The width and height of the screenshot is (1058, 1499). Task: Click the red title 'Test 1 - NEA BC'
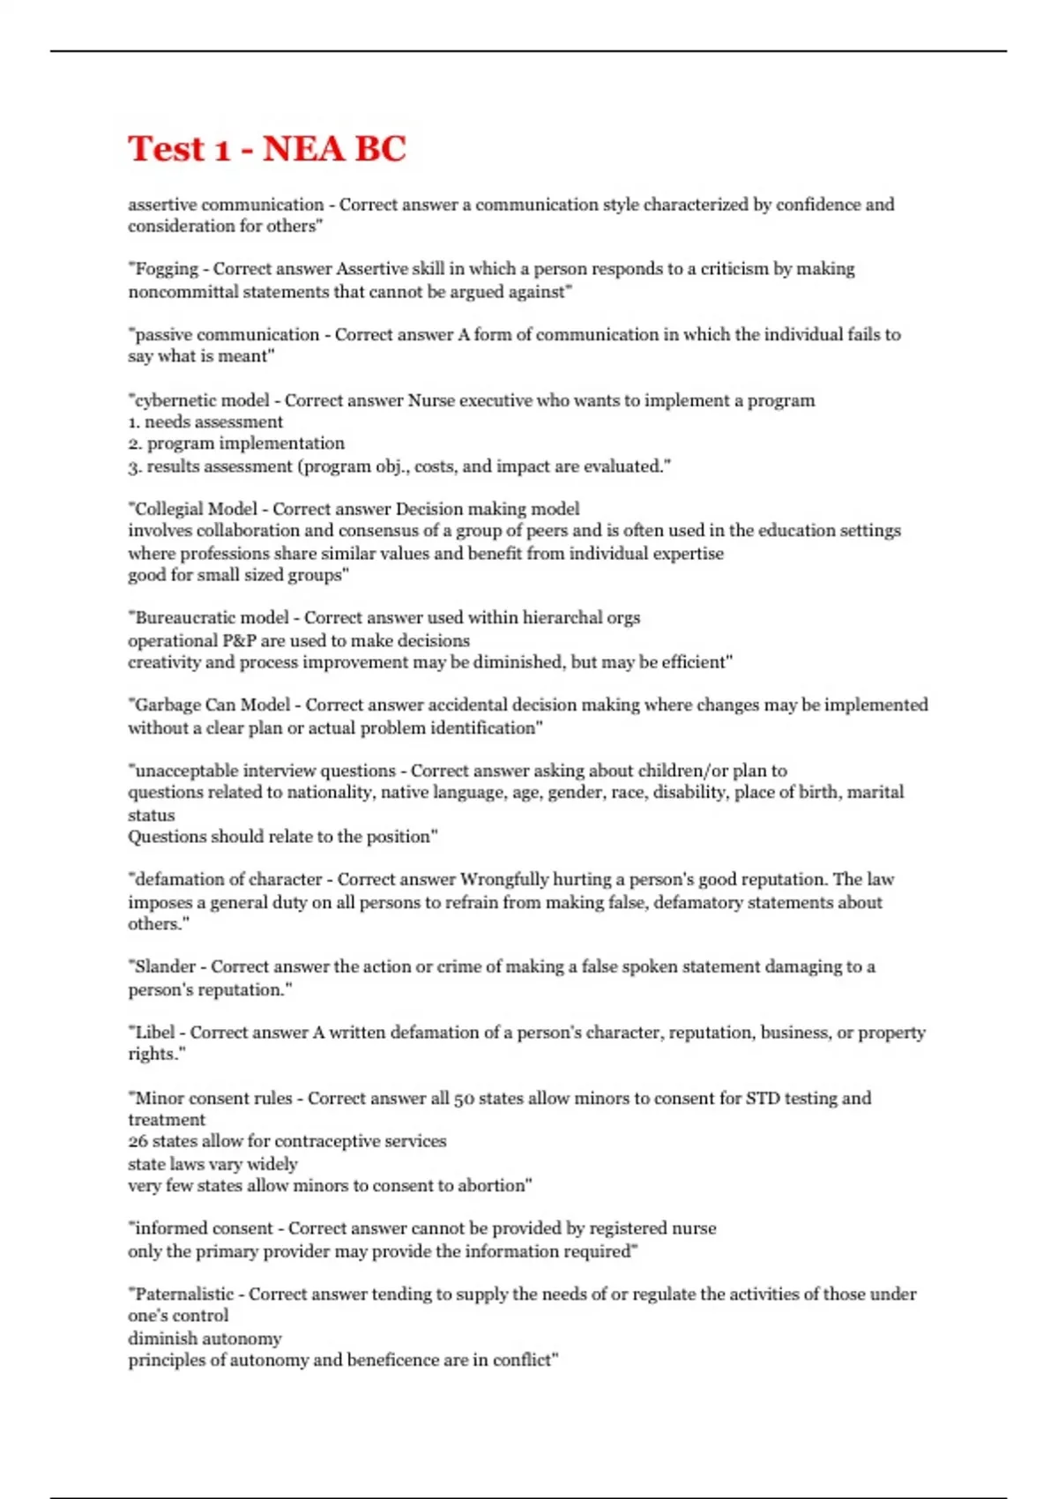coord(266,148)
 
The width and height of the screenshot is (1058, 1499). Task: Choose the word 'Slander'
coord(165,966)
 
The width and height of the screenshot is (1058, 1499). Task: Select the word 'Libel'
coord(155,1032)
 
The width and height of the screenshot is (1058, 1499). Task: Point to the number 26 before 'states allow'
coord(138,1141)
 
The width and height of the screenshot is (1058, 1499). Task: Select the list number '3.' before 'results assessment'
coord(135,466)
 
